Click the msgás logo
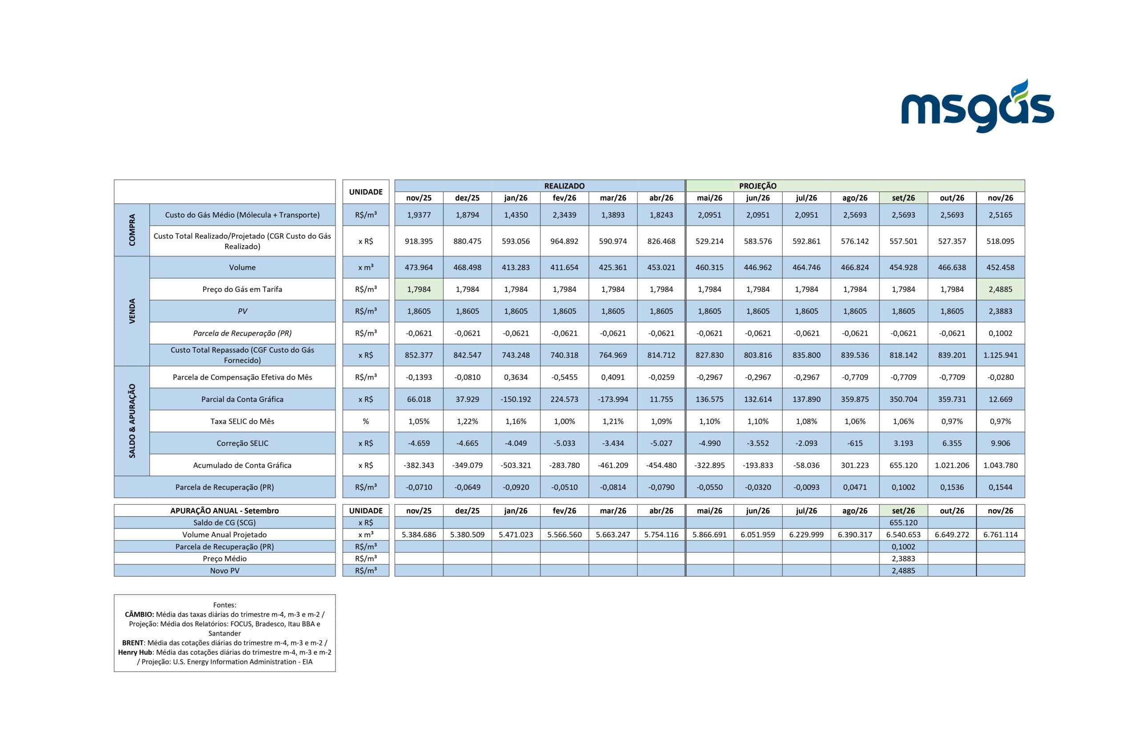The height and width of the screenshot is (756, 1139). [x=977, y=106]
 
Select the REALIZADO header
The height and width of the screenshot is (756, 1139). [x=564, y=186]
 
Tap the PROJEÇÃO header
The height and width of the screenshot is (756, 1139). [x=758, y=186]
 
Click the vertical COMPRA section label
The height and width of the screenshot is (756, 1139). [x=132, y=230]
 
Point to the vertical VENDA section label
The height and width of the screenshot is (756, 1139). [x=132, y=311]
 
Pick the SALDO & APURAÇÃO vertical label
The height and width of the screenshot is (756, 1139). [x=132, y=421]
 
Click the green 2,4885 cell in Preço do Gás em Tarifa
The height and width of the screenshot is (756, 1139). [x=1000, y=289]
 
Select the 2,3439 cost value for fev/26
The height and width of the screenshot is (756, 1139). [x=564, y=215]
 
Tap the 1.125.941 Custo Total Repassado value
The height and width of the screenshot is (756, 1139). [x=1000, y=356]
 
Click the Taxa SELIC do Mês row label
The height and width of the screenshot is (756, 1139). [x=242, y=421]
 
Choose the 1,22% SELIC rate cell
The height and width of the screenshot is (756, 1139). [x=467, y=421]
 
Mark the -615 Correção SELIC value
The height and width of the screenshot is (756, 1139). [x=855, y=443]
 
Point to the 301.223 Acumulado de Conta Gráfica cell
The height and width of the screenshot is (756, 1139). [x=855, y=465]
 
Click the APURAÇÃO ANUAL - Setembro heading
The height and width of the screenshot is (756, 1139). [x=224, y=510]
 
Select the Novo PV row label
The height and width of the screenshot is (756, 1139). [x=224, y=570]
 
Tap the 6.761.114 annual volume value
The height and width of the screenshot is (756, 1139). [x=1000, y=535]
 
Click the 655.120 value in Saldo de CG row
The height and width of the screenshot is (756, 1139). [x=903, y=523]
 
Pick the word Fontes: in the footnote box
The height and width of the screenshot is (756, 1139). [x=224, y=605]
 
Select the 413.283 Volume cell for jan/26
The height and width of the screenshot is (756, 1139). [x=515, y=267]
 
